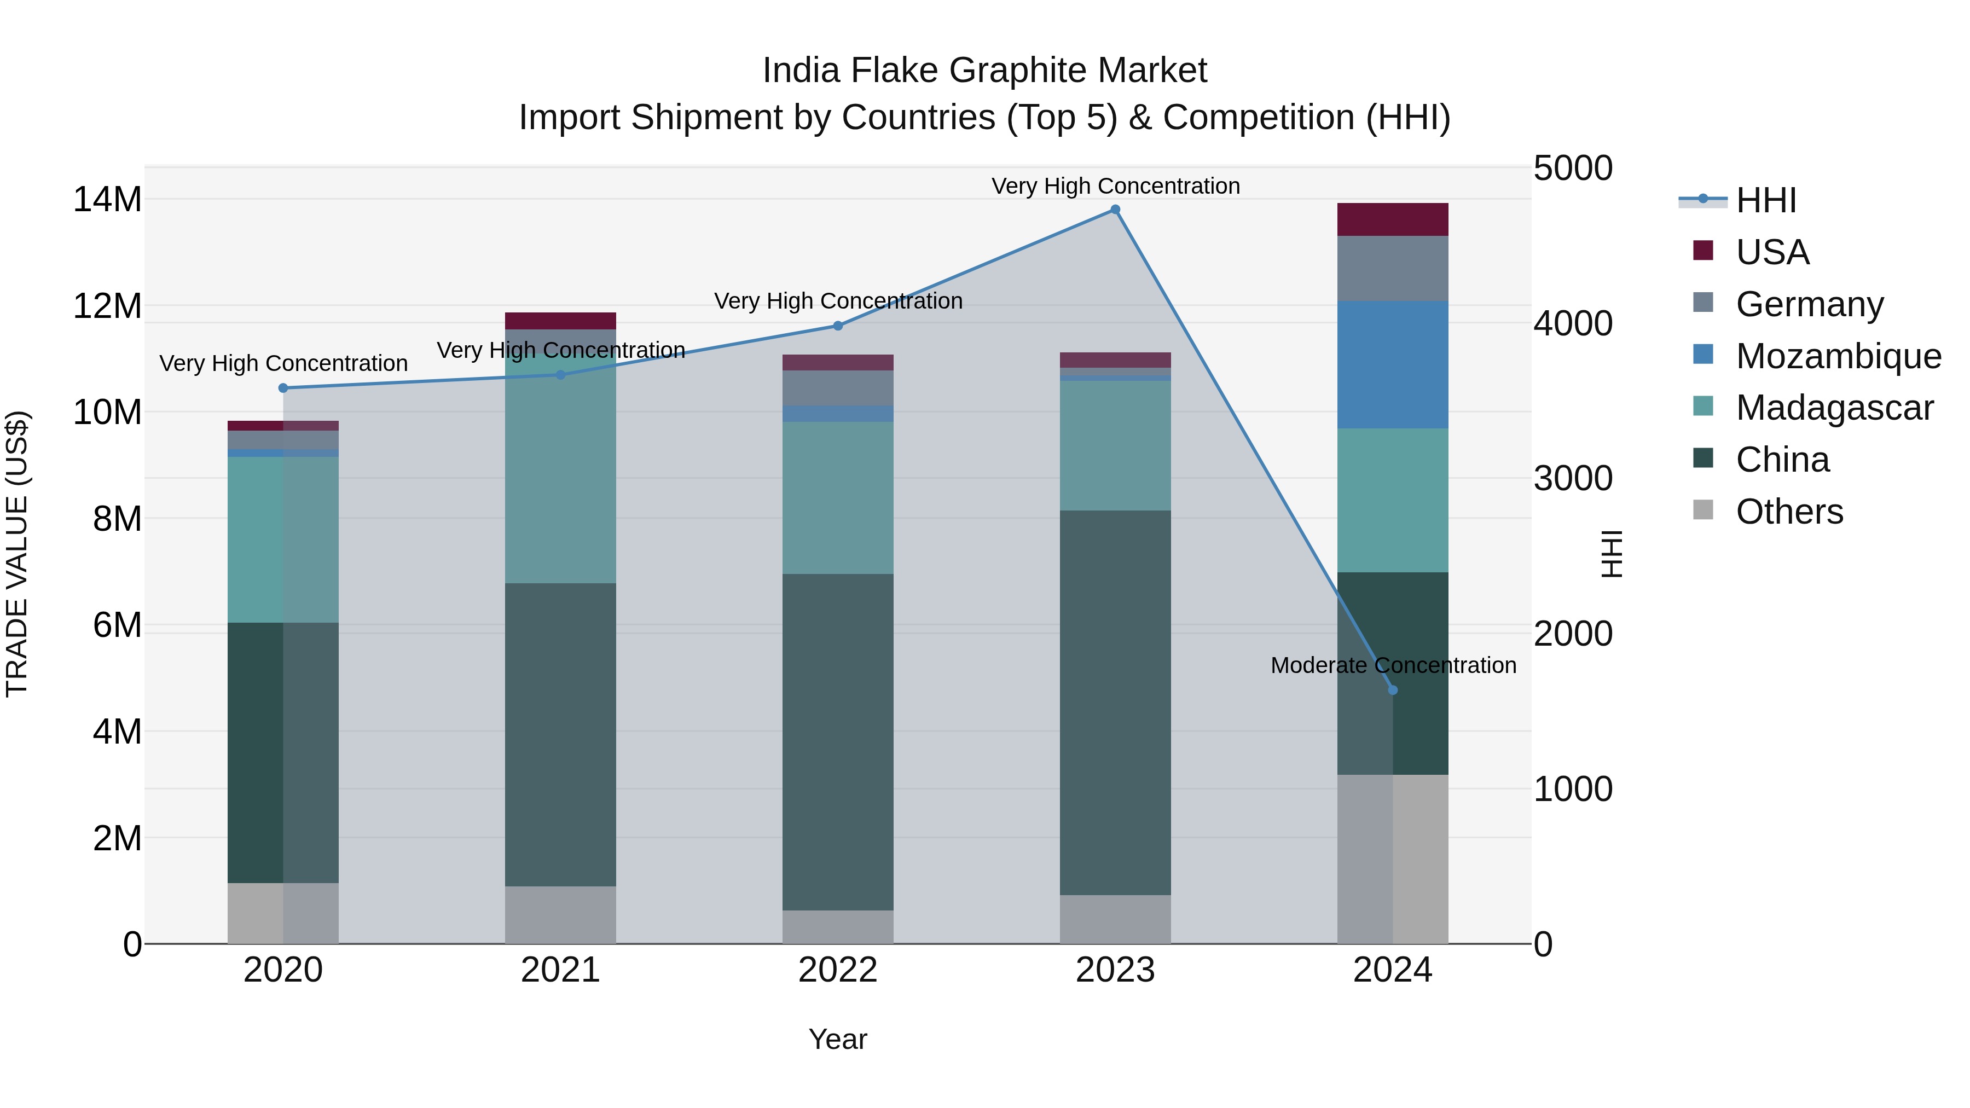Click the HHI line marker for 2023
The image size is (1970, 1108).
pyautogui.click(x=1115, y=210)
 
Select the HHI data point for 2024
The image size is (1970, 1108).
pyautogui.click(x=1393, y=690)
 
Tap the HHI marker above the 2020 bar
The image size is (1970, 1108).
pyautogui.click(x=283, y=388)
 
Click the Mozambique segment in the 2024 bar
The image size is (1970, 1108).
pyautogui.click(x=1393, y=365)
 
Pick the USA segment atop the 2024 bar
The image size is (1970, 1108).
pyautogui.click(x=1393, y=219)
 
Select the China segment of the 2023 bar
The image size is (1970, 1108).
pyautogui.click(x=1115, y=702)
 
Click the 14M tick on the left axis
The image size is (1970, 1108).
pyautogui.click(x=107, y=200)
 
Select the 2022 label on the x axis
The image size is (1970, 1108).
pyautogui.click(x=837, y=970)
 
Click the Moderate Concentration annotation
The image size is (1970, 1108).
pyautogui.click(x=1393, y=665)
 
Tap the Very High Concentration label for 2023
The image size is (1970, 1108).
pyautogui.click(x=1115, y=186)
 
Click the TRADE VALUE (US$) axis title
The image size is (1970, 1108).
pyautogui.click(x=18, y=554)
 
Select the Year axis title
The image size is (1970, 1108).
pyautogui.click(x=837, y=1039)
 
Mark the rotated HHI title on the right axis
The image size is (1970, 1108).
pyautogui.click(x=1612, y=554)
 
